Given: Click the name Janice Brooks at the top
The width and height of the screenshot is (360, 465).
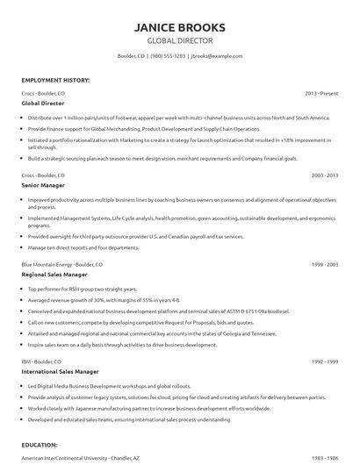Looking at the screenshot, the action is click(179, 27).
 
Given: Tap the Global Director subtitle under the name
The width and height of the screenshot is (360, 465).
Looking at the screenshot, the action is click(179, 41).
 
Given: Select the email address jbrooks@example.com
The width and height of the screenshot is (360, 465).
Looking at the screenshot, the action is click(216, 55).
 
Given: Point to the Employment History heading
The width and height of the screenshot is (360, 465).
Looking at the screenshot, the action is click(55, 80).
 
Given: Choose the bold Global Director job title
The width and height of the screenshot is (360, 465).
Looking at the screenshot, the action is click(42, 103).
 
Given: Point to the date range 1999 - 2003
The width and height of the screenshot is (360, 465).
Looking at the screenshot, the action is click(324, 264).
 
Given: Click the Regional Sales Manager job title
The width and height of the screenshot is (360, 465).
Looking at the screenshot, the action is click(54, 275).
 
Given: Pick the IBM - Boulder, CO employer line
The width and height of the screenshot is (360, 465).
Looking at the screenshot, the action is click(41, 361).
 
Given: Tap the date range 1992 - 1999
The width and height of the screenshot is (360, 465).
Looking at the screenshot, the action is click(324, 361).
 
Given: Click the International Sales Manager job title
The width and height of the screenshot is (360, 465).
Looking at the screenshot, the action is click(60, 371).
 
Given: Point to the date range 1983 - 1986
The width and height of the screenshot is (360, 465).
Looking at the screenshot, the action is click(324, 459).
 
